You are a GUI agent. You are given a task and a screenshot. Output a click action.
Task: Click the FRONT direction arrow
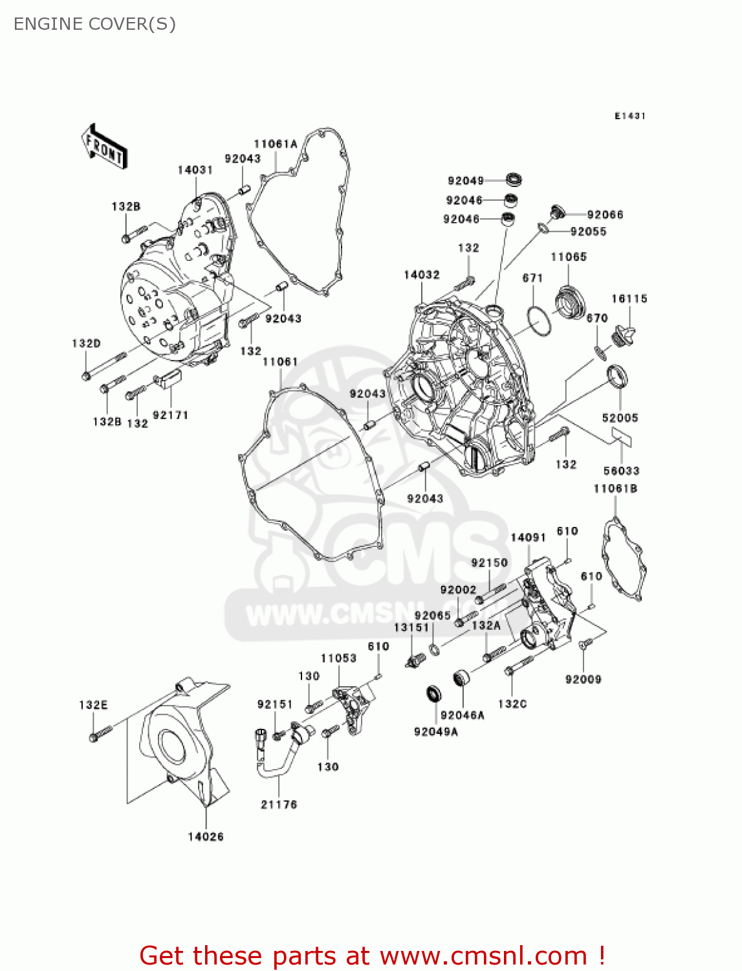(104, 147)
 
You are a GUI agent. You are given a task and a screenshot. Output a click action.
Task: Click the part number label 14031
(195, 170)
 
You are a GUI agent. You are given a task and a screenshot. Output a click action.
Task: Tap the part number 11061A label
(276, 144)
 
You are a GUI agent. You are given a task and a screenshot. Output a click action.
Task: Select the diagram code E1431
(629, 116)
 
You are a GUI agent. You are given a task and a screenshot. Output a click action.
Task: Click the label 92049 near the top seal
(465, 181)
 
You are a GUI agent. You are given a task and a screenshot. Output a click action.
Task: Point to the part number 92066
(605, 215)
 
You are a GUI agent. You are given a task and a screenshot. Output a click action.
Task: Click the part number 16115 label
(629, 298)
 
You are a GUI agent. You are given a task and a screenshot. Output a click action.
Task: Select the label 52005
(620, 418)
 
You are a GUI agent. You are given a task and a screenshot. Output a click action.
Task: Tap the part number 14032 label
(421, 274)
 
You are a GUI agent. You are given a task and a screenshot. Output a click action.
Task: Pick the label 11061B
(615, 488)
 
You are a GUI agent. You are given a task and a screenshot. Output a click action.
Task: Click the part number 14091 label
(528, 537)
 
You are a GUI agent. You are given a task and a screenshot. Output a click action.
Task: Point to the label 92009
(583, 679)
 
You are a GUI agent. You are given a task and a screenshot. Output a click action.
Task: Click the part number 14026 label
(206, 836)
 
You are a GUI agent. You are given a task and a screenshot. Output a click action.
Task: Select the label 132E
(93, 705)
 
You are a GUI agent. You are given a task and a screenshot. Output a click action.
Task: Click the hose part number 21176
(279, 804)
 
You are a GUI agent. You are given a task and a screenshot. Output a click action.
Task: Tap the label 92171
(170, 415)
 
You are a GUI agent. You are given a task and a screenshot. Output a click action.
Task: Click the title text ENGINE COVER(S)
(94, 24)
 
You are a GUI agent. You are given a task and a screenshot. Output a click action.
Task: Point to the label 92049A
(435, 731)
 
